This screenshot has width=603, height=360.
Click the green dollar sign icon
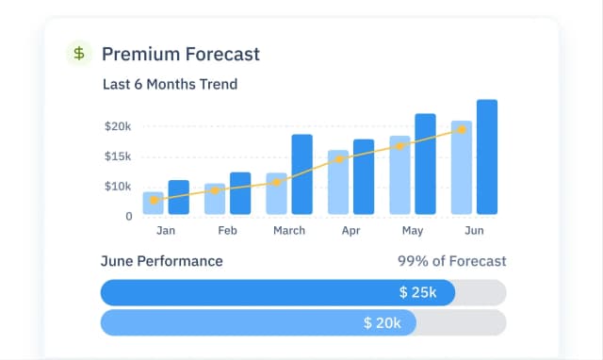coord(79,54)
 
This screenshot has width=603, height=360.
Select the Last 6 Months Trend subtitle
coord(170,84)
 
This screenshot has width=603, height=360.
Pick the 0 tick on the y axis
coord(129,216)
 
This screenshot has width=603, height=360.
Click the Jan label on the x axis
coord(166,230)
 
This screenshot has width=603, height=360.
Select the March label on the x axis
coord(288,230)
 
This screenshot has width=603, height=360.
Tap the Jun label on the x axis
coord(474,230)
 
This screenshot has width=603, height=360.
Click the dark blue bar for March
coord(301,174)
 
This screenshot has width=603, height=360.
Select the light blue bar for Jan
coord(154,204)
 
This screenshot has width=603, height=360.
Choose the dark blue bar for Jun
coord(487,157)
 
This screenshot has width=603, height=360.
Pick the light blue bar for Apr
coord(338,182)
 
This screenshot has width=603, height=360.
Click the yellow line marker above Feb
coord(215,190)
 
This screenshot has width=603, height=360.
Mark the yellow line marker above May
coord(399,146)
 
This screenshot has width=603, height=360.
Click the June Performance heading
coord(162,261)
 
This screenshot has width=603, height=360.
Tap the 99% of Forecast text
coord(452,261)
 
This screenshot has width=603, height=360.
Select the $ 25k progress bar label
coord(417,293)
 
